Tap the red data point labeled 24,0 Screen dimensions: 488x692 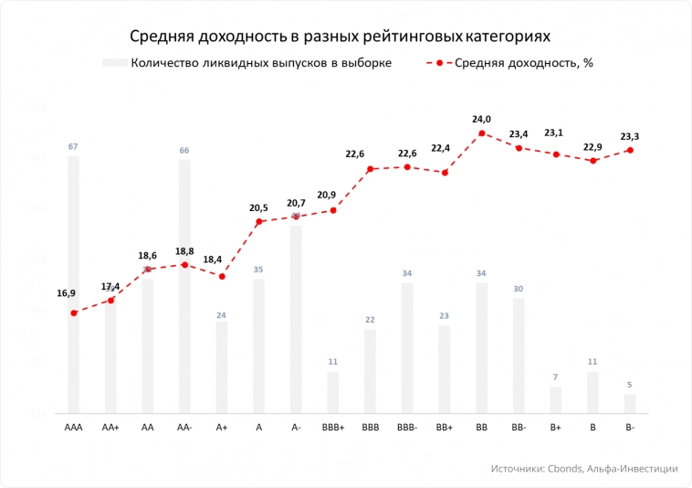pyautogui.click(x=481, y=133)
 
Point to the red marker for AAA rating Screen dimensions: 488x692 pyautogui.click(x=73, y=313)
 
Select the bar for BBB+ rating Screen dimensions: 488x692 pyautogui.click(x=332, y=392)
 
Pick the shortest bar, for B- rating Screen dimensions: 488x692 pyautogui.click(x=630, y=403)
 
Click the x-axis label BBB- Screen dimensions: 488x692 pyautogui.click(x=407, y=428)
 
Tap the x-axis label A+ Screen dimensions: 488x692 pyautogui.click(x=222, y=428)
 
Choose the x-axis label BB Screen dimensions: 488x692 pyautogui.click(x=481, y=428)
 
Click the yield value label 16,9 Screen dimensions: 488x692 pyautogui.click(x=66, y=293)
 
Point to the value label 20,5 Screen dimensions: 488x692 pyautogui.click(x=258, y=208)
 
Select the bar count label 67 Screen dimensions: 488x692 pyautogui.click(x=73, y=147)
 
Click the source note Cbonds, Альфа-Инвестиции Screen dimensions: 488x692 pyautogui.click(x=584, y=468)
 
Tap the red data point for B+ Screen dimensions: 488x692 pyautogui.click(x=555, y=154)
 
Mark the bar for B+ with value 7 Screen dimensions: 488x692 pyautogui.click(x=555, y=400)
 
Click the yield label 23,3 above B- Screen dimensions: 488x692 pyautogui.click(x=630, y=137)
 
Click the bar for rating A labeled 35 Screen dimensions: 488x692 pyautogui.click(x=258, y=345)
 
